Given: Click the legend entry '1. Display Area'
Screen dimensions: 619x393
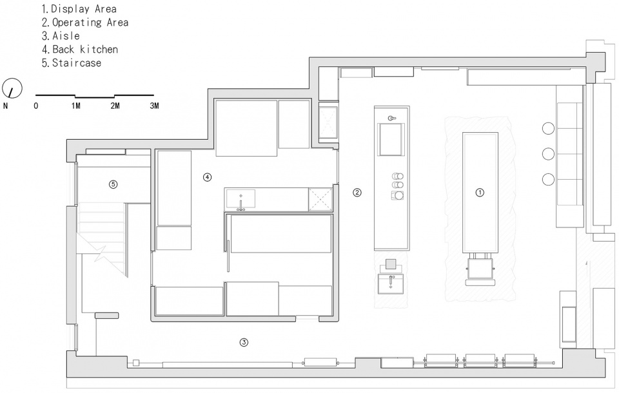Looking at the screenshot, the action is [x=79, y=8].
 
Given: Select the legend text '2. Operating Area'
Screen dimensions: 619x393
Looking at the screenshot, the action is [x=85, y=23].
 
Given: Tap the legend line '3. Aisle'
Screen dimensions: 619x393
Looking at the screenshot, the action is [x=61, y=36].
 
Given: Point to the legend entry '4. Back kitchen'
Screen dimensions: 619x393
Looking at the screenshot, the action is [x=80, y=50].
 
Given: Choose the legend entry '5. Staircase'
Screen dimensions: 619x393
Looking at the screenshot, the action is [x=72, y=62].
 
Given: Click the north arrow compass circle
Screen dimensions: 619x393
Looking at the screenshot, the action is [x=12, y=88].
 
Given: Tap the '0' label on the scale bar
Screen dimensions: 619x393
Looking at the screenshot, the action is [x=36, y=106].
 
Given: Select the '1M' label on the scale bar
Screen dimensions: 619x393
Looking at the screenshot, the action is [x=76, y=106].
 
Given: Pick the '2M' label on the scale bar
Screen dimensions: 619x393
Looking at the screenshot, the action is [x=115, y=106].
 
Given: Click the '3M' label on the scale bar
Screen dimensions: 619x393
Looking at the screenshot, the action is [x=154, y=106].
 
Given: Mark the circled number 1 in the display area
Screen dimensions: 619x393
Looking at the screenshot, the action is [x=480, y=193].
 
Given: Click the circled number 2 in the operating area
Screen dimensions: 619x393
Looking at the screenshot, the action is [x=357, y=193].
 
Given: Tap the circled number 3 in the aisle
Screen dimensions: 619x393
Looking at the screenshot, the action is [x=244, y=342].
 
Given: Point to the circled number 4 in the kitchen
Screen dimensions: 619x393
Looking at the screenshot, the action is [x=207, y=177].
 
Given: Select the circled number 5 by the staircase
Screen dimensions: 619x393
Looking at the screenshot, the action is [x=113, y=184].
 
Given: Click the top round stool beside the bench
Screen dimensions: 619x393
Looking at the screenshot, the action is [x=548, y=128].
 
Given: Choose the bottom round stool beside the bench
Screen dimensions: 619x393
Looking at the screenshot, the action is [x=548, y=179].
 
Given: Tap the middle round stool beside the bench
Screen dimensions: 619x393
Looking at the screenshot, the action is [x=548, y=154].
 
